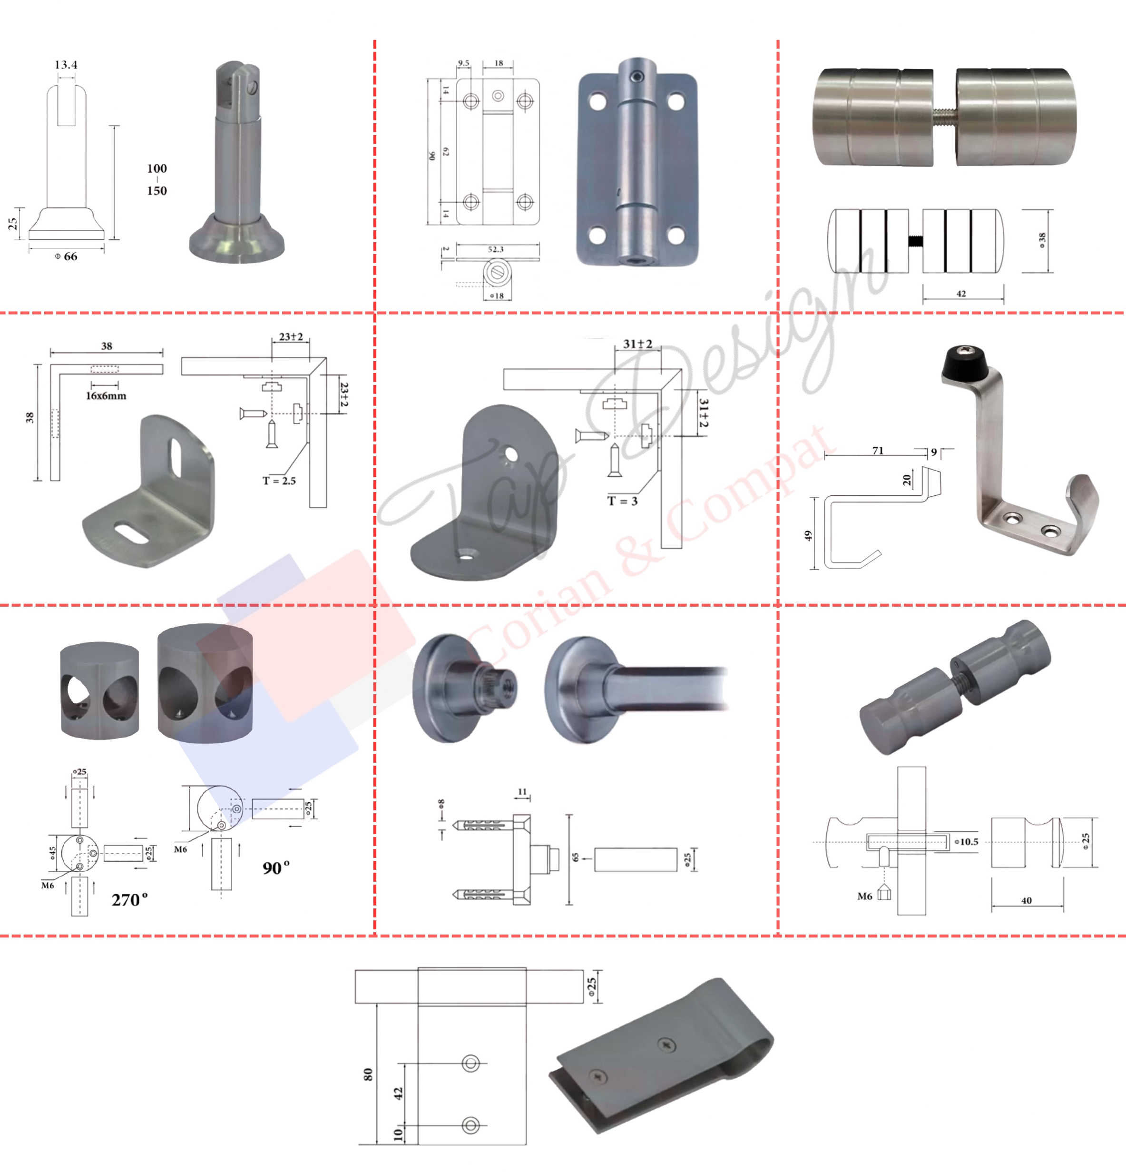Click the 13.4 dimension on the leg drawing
66,65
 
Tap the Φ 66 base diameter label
66,256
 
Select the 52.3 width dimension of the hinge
496,249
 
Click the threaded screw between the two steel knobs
944,116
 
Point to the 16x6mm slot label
106,396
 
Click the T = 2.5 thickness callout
279,481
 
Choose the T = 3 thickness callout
622,501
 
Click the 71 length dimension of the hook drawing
877,450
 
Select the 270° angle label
129,899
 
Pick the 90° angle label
275,867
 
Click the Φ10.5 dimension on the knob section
967,842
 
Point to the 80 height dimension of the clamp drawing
368,1074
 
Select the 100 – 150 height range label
157,179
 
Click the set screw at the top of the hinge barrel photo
638,77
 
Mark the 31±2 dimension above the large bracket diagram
637,344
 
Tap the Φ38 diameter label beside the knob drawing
1042,240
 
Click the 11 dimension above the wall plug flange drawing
522,792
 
